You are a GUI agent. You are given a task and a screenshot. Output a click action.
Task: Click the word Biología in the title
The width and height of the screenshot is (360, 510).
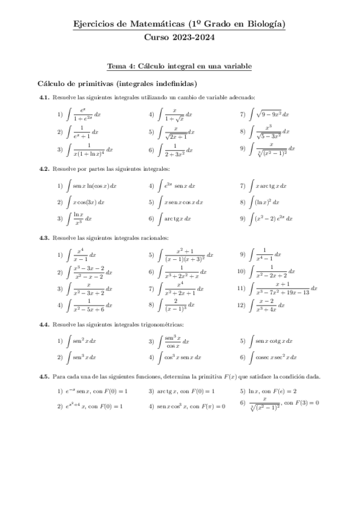263,24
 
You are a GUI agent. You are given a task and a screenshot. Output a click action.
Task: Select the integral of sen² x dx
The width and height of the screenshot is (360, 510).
84,341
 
